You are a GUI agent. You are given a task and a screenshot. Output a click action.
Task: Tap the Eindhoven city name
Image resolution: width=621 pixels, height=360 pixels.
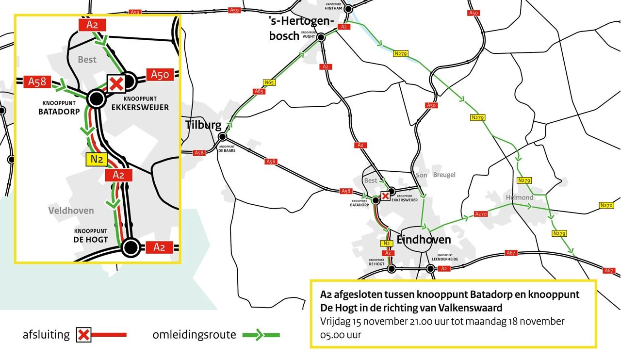[424, 240]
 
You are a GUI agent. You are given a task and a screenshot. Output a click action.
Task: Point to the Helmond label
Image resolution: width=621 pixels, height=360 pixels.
[519, 197]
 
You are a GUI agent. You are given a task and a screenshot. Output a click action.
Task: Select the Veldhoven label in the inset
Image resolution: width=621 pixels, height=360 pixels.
[71, 211]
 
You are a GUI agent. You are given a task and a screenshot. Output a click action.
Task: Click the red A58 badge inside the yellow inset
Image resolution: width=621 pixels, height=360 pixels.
[37, 82]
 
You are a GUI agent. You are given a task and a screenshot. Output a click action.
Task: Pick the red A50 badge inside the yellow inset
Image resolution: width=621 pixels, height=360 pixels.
[160, 75]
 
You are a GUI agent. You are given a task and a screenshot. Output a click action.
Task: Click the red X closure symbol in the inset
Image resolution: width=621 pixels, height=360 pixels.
[116, 83]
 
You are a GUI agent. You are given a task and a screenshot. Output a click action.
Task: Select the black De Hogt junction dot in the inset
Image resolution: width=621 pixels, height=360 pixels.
[130, 247]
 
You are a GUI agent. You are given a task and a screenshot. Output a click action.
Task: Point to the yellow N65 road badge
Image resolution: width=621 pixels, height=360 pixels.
[269, 82]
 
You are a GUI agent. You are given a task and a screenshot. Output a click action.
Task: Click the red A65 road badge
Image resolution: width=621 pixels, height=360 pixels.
[259, 91]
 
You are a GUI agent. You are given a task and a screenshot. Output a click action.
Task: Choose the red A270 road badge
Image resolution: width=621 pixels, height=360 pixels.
[481, 214]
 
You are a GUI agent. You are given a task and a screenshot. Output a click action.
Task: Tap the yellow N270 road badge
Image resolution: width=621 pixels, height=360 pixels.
[606, 205]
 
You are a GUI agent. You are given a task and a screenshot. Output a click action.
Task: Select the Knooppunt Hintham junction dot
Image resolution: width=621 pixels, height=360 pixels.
[348, 8]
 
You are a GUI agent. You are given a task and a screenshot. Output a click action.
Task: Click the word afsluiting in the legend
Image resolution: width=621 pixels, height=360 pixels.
[46, 335]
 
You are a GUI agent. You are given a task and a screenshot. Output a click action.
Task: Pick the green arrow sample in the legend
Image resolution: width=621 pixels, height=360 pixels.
[261, 334]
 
